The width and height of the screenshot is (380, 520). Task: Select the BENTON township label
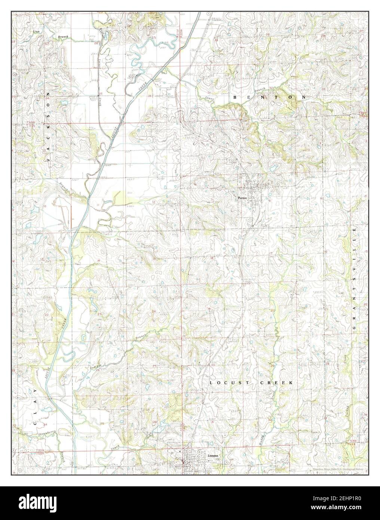(x=269, y=97)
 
